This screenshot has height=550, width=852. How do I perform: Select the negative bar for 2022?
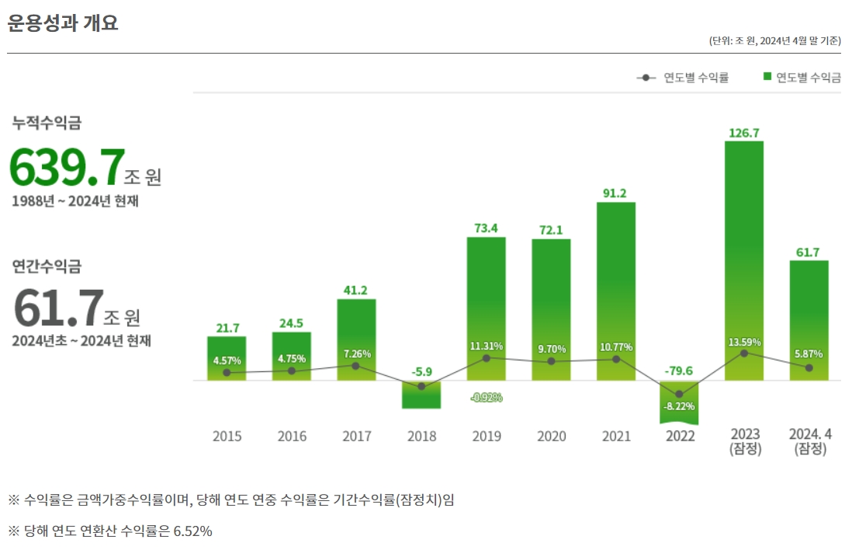click(x=679, y=402)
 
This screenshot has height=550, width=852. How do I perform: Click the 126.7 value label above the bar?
click(x=743, y=132)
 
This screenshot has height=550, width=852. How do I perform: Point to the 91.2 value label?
click(x=615, y=193)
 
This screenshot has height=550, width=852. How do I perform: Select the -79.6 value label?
click(x=679, y=371)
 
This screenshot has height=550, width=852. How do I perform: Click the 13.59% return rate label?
click(x=744, y=342)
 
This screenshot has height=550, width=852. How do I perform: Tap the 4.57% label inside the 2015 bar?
click(x=227, y=360)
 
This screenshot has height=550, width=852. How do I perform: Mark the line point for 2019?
click(x=486, y=358)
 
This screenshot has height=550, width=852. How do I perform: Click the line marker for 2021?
click(x=615, y=359)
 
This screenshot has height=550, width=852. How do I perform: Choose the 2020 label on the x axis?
click(x=551, y=437)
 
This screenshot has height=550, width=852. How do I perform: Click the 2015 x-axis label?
click(x=227, y=437)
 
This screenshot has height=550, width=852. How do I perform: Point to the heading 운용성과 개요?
click(x=63, y=23)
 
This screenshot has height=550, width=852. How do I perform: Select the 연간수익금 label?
click(x=47, y=266)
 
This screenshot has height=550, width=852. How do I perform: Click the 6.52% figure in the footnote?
click(x=192, y=531)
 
